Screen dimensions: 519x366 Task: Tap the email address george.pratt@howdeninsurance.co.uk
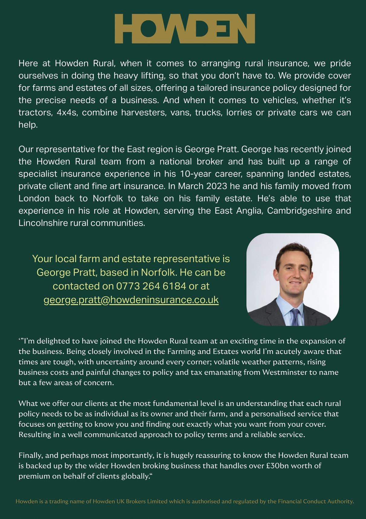[x=131, y=300]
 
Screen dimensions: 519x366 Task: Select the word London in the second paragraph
[x=34, y=199]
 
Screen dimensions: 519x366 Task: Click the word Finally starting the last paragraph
[x=30, y=456]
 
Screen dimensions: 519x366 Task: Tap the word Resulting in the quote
[x=34, y=435]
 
